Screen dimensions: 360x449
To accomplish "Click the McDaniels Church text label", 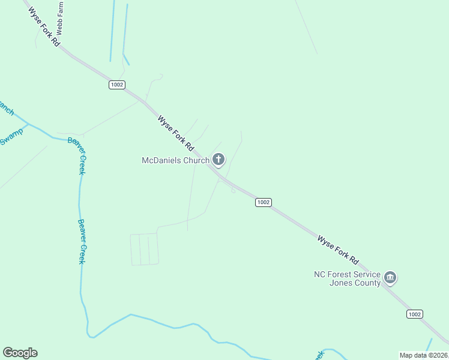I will (175, 160).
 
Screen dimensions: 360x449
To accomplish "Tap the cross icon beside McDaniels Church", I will (218, 160).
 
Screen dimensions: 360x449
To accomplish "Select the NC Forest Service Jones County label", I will (347, 278).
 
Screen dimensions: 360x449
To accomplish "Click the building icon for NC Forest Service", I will (390, 278).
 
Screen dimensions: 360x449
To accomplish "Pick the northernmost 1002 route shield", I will (116, 85).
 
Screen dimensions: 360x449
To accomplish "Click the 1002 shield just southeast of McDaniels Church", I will (263, 202).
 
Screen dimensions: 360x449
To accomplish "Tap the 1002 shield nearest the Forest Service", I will (414, 314).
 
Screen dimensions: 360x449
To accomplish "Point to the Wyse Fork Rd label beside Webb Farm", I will (43, 28).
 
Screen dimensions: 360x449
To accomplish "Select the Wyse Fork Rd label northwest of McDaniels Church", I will (176, 133).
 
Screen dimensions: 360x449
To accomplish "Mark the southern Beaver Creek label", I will (82, 241).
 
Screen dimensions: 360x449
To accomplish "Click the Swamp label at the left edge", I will (11, 136).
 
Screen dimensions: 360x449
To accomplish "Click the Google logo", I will (20, 353).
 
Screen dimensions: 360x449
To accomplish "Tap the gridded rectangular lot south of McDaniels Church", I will (145, 249).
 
